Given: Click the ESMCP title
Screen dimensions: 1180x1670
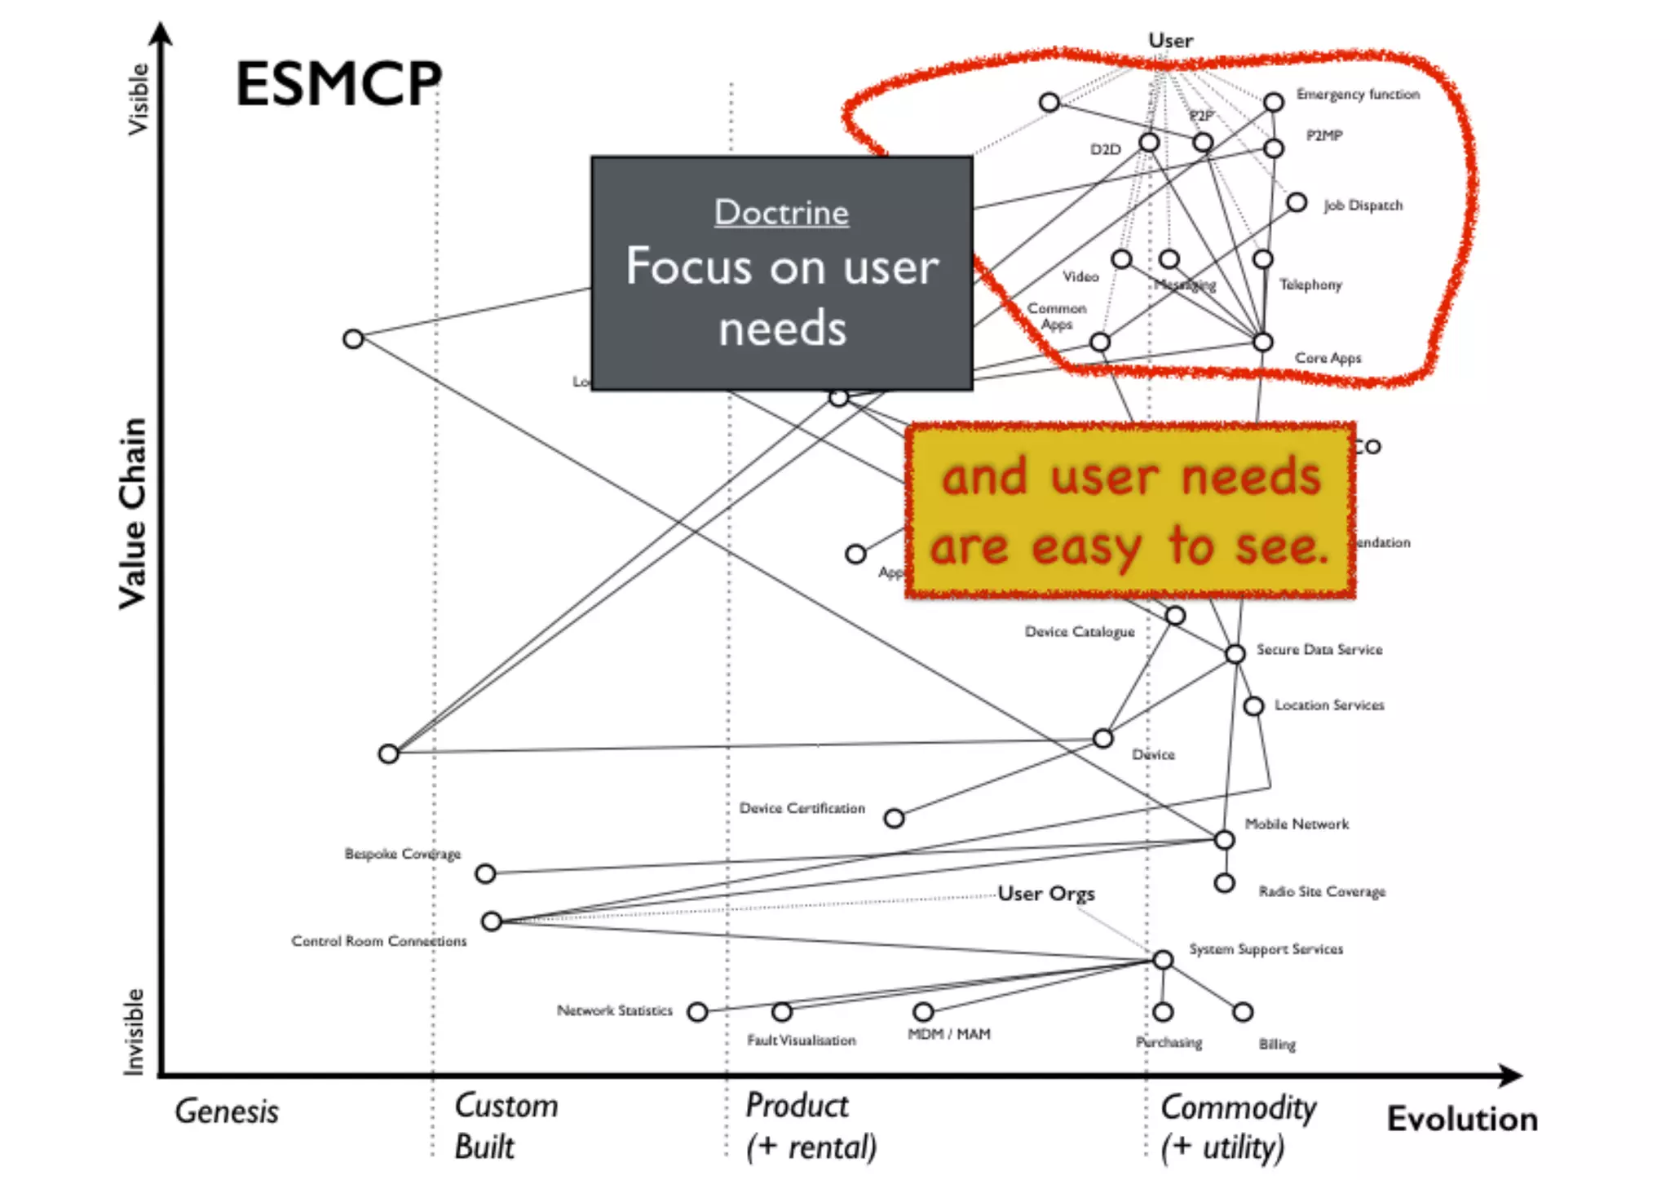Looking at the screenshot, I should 338,83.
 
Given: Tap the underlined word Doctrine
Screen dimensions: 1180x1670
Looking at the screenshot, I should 781,213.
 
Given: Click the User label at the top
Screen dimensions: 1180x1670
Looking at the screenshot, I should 1170,41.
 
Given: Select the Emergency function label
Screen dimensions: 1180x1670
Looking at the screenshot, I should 1358,95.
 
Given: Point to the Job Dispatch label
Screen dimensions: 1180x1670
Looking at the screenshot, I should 1363,206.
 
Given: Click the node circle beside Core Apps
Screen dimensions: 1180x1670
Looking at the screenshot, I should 1262,343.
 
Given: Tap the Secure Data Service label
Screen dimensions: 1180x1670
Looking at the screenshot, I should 1319,650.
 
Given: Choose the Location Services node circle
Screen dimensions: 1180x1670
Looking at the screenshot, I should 1253,705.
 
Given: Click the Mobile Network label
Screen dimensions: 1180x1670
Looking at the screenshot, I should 1297,824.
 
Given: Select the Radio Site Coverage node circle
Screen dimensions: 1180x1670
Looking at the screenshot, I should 1224,883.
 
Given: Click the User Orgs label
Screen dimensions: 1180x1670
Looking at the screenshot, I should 1046,894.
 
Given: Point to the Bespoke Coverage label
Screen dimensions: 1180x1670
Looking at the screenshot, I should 402,854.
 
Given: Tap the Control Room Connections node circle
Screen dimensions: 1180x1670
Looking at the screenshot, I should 491,921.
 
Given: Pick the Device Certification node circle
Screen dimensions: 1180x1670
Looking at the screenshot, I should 894,818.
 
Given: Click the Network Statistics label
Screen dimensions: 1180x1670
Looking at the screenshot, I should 615,1010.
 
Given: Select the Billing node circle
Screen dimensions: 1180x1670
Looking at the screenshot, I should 1242,1012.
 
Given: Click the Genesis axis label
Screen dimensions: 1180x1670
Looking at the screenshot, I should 227,1111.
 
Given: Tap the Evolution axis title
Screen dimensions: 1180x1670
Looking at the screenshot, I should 1462,1119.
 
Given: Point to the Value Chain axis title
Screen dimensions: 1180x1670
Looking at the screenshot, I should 133,514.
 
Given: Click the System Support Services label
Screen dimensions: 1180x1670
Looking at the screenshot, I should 1266,949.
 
